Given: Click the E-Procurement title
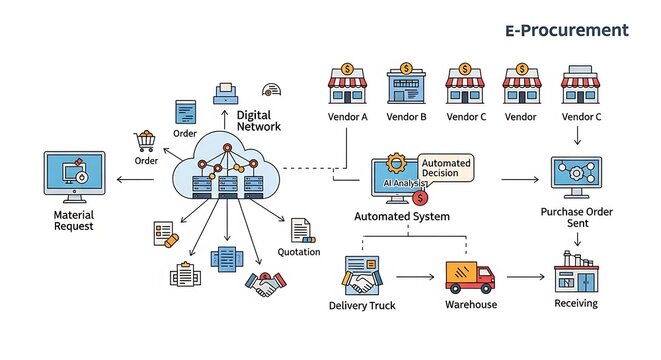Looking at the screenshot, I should click(x=566, y=30).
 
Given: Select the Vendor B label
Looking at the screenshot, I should click(x=407, y=117).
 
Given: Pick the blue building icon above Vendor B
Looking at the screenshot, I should click(x=406, y=84).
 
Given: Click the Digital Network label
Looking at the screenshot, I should click(x=258, y=121).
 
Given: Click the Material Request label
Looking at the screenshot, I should click(x=73, y=220).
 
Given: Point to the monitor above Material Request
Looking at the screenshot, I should click(x=73, y=177).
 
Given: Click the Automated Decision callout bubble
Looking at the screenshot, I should click(x=446, y=167).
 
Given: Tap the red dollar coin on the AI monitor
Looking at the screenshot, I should click(x=418, y=198).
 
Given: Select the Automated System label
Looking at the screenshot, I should click(x=402, y=216).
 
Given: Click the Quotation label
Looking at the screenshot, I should click(x=299, y=252).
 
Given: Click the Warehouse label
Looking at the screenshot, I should click(x=471, y=304).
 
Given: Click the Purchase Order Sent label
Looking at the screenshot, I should click(x=577, y=218).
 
